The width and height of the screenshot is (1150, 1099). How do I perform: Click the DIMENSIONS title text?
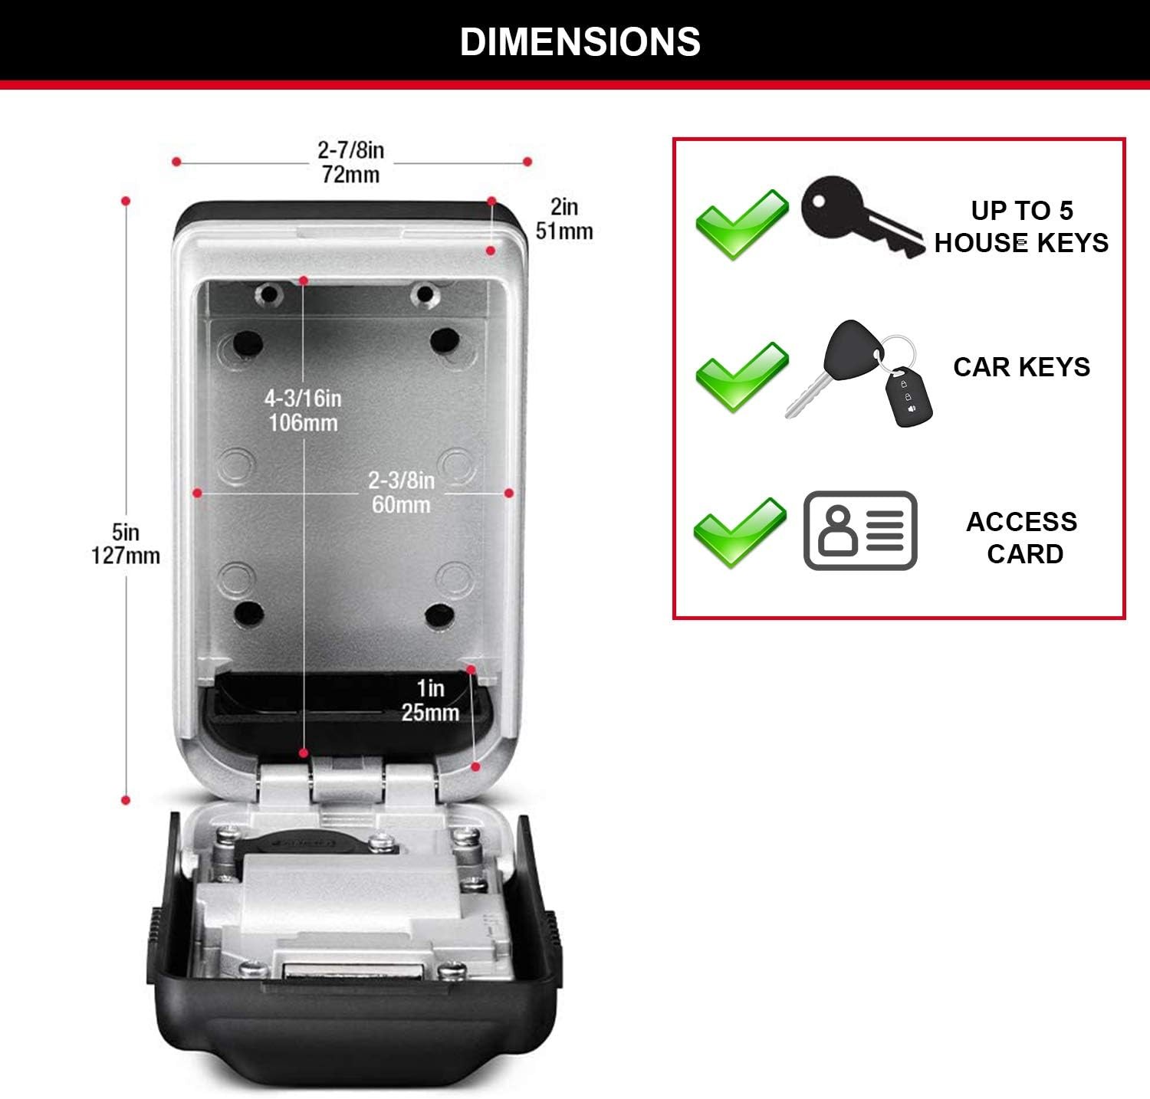tap(580, 41)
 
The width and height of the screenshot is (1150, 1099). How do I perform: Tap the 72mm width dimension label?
tap(351, 162)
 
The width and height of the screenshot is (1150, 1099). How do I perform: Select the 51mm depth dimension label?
tap(564, 219)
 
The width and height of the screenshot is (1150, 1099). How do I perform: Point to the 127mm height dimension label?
tap(126, 543)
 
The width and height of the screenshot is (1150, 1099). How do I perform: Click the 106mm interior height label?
tap(303, 410)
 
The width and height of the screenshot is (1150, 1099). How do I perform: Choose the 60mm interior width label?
tap(401, 492)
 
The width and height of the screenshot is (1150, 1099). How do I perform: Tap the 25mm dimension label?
tap(430, 700)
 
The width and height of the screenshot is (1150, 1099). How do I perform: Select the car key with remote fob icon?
tap(859, 373)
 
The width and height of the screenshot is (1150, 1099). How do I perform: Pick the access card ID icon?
tap(860, 530)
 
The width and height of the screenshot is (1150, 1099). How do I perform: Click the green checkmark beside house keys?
tap(741, 224)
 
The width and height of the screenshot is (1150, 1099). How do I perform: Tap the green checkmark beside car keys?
tap(741, 377)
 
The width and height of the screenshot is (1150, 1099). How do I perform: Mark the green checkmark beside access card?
tap(740, 533)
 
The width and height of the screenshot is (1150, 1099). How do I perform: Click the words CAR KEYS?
tap(1021, 367)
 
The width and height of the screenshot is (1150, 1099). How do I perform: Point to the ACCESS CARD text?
tap(1022, 537)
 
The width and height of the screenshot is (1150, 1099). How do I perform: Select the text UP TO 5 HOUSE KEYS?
tap(1021, 227)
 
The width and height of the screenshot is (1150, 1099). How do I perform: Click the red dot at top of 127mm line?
tap(126, 201)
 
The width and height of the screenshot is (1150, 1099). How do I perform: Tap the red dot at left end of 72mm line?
tap(176, 162)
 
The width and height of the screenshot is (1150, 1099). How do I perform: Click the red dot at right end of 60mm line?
tap(509, 493)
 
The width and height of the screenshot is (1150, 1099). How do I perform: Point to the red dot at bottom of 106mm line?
tap(304, 753)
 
